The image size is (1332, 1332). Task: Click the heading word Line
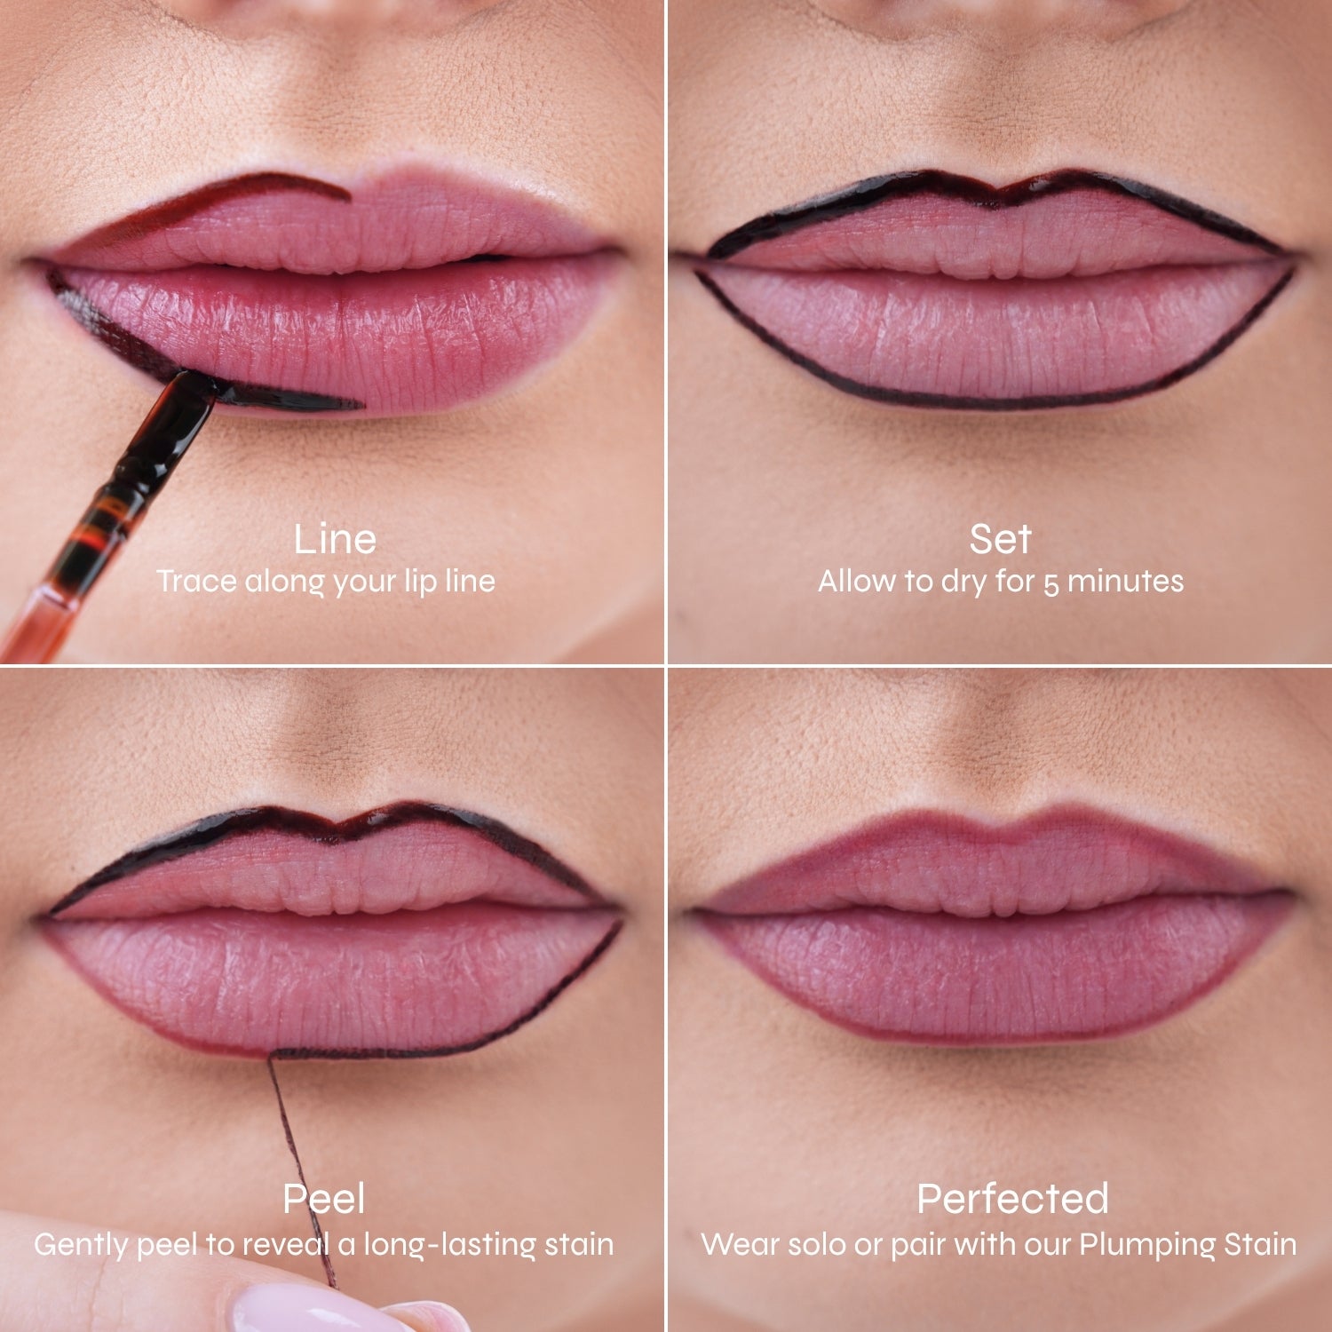(335, 540)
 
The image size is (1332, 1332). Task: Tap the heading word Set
(1000, 539)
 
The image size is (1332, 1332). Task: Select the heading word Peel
(323, 1200)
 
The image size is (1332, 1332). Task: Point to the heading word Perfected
(1012, 1199)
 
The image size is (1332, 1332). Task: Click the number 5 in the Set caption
(1051, 583)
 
